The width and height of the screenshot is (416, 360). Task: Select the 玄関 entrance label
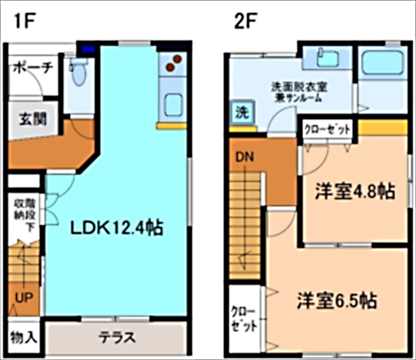(33, 118)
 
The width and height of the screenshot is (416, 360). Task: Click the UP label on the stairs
(23, 298)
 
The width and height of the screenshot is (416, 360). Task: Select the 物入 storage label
(23, 337)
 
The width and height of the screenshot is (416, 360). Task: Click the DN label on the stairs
(243, 157)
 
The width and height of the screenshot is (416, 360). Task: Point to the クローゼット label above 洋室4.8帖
(327, 128)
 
